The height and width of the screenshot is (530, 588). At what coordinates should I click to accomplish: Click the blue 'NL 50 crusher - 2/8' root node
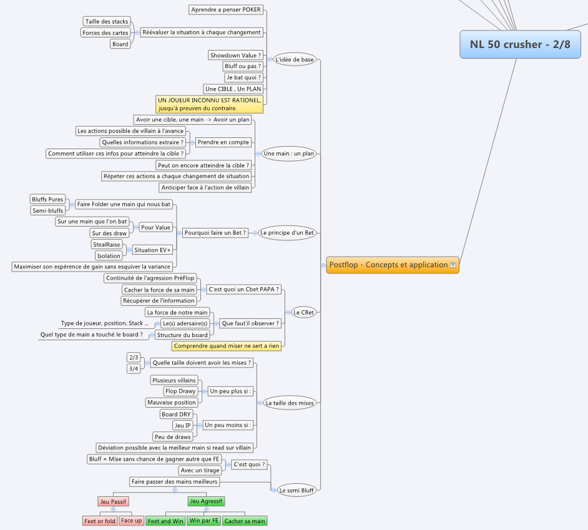point(520,44)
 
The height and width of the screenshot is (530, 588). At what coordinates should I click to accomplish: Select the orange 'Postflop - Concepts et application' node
point(393,265)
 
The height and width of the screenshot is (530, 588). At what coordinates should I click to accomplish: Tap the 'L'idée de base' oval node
point(295,59)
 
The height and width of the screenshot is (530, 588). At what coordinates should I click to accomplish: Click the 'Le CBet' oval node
point(303,313)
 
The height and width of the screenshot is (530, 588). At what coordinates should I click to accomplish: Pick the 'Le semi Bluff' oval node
point(296,490)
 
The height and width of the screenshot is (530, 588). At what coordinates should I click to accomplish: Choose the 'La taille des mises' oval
point(290,403)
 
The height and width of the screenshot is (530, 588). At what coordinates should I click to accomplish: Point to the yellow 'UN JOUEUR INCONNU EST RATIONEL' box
point(210,104)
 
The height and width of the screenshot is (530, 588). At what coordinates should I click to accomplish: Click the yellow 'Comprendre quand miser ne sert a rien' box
point(227,346)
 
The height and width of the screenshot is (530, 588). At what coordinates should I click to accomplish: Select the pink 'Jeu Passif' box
point(113,501)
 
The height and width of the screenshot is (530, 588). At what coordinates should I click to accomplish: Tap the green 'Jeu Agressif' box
point(206,501)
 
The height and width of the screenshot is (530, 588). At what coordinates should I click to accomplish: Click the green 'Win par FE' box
point(204,521)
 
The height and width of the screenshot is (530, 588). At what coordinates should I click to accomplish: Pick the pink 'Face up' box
point(132,521)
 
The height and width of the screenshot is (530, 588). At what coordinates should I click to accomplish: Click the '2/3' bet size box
point(134,358)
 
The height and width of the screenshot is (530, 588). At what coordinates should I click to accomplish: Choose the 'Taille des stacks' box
point(107,21)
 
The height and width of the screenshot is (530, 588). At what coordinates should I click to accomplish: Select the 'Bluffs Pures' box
point(47,199)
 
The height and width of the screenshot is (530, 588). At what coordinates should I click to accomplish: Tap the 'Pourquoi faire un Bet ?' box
point(215,233)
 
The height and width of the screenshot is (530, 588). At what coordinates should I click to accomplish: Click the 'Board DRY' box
point(176,414)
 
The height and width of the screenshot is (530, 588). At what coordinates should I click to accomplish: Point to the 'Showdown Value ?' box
point(235,55)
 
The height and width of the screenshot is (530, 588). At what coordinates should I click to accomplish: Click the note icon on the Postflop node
point(453,265)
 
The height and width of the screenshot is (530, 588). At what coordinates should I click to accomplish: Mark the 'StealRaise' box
point(107,245)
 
